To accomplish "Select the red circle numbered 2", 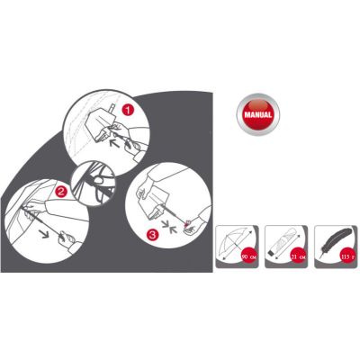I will pyautogui.click(x=61, y=192).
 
